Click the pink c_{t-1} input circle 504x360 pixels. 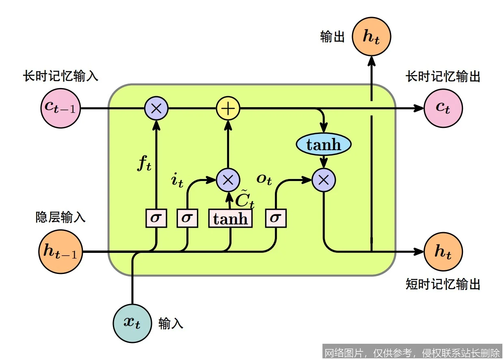61,108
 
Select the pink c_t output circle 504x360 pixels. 443,108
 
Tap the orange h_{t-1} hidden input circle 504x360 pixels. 60,252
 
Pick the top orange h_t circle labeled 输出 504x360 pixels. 371,37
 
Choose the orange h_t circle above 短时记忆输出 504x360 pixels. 443,252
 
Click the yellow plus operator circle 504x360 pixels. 228,109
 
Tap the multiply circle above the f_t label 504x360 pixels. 156,109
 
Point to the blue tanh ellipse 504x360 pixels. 324,144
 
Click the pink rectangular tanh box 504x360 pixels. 230,219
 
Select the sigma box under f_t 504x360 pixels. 156,218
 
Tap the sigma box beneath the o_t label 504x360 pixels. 276,218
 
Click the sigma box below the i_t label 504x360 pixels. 187,218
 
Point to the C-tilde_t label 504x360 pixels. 244,199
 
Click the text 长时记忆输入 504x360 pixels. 61,76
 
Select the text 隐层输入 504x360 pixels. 61,218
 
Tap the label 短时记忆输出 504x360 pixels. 443,284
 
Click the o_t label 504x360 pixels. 264,179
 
